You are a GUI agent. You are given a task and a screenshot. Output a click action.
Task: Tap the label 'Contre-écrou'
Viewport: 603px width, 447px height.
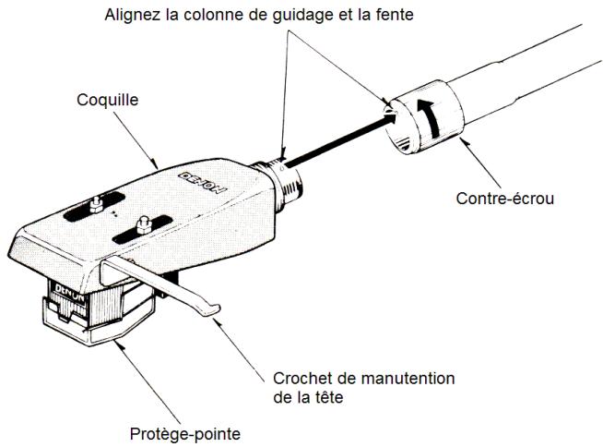tap(509, 198)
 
